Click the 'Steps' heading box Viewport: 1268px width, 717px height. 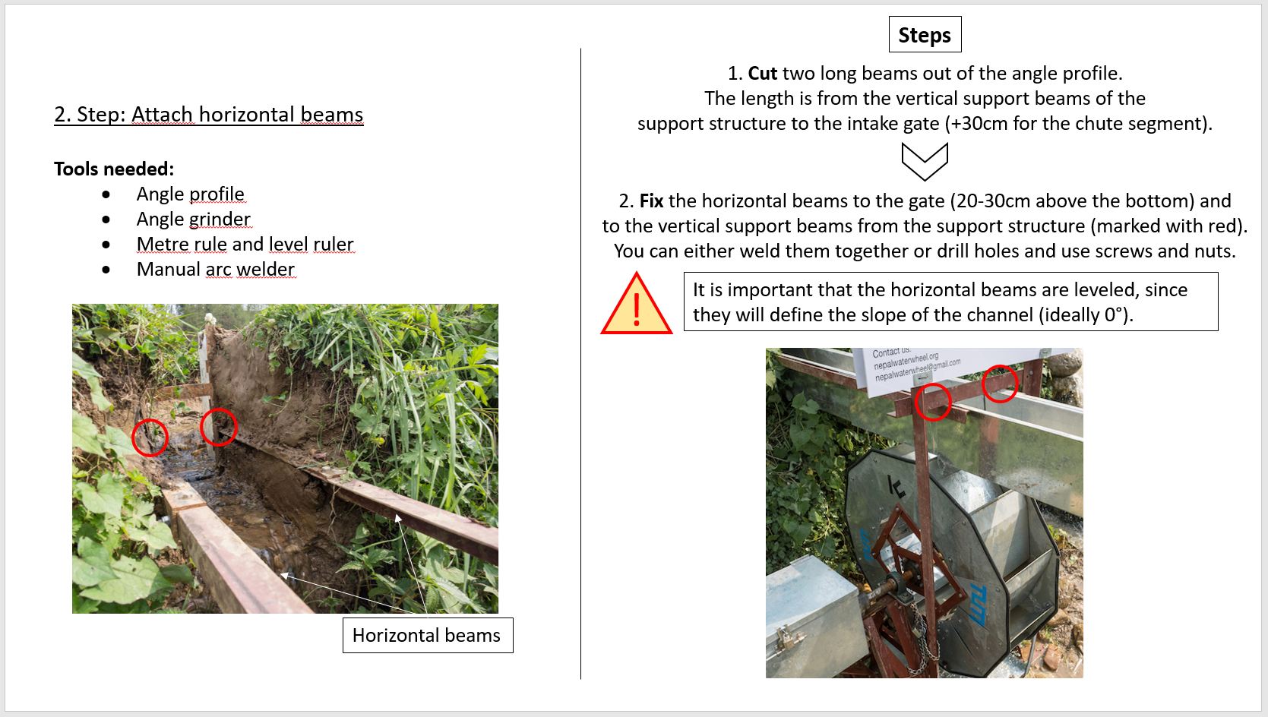tap(925, 35)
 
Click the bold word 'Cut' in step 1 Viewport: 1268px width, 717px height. tap(762, 74)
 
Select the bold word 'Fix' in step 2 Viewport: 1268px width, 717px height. tap(651, 201)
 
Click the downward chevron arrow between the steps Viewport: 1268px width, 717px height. tap(925, 162)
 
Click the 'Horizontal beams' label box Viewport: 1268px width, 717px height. tap(427, 635)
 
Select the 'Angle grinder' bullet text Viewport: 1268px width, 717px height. tap(193, 220)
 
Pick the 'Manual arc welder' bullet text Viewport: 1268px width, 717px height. tap(215, 270)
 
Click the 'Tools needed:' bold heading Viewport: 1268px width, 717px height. tap(114, 169)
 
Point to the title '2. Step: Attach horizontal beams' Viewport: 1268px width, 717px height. tap(208, 115)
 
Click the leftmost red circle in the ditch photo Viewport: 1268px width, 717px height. tap(150, 437)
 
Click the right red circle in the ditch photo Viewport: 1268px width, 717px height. tap(219, 427)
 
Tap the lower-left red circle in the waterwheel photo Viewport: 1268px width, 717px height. tap(933, 402)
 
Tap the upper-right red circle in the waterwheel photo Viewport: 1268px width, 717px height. tap(1000, 384)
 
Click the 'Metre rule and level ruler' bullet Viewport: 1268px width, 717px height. tap(245, 245)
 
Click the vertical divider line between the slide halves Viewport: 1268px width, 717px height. tap(580, 365)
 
